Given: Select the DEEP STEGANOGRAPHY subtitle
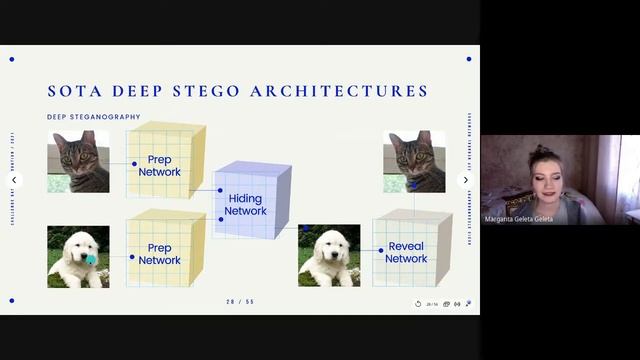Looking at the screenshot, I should [x=94, y=117].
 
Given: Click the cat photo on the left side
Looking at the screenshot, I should [x=78, y=161].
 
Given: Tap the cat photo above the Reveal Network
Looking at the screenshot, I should [x=413, y=161].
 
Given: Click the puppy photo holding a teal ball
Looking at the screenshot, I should [x=78, y=256].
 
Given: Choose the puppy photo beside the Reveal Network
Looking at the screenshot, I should [x=329, y=256].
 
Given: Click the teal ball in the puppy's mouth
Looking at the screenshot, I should [x=90, y=259].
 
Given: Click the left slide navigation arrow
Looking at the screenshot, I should [x=14, y=180].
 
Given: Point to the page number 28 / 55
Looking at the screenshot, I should [x=240, y=302].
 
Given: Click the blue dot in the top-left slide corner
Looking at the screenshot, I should [x=12, y=59].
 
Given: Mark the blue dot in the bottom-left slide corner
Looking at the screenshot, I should [x=12, y=300].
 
